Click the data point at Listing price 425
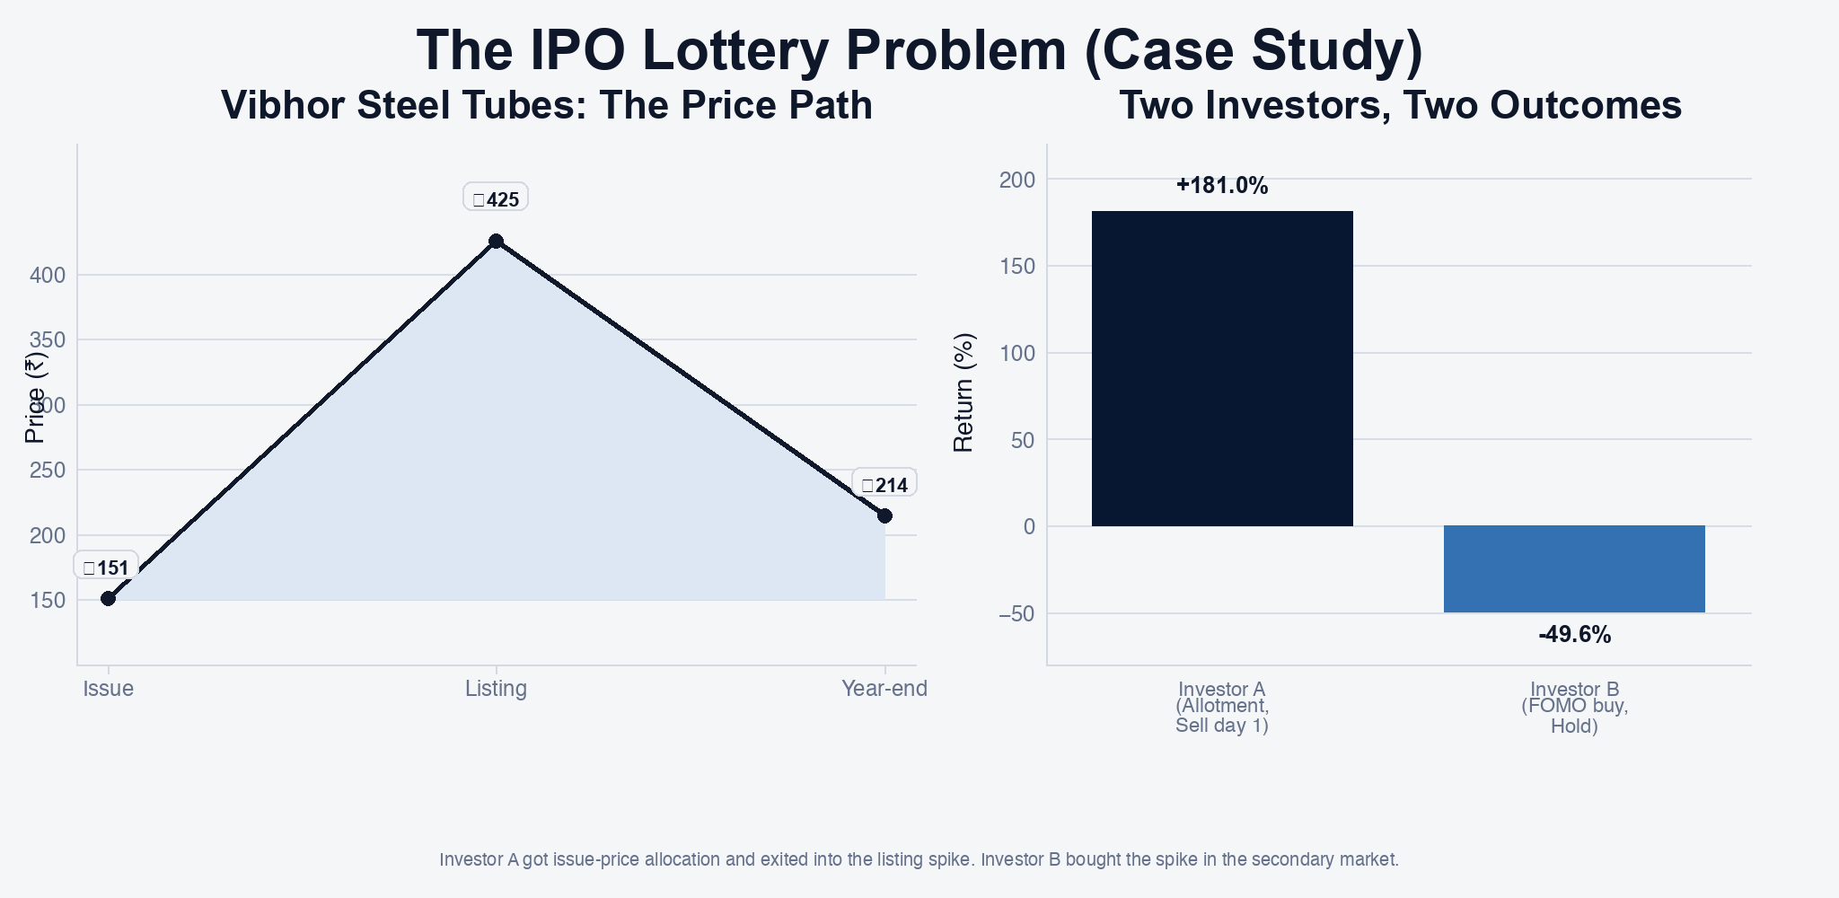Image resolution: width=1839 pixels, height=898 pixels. [x=496, y=241]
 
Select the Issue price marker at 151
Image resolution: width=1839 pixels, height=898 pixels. [x=108, y=598]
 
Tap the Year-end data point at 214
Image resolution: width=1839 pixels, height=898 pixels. [x=884, y=515]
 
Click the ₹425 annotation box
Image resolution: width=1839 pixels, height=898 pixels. [x=496, y=198]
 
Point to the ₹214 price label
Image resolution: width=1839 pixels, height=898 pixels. [x=884, y=485]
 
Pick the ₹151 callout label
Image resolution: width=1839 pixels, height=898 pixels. [x=106, y=568]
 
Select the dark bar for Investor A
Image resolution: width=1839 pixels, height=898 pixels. [x=1222, y=368]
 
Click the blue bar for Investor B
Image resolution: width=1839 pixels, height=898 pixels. [x=1574, y=568]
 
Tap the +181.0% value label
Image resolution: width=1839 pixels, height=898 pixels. [x=1222, y=186]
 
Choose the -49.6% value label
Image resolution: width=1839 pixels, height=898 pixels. [x=1574, y=635]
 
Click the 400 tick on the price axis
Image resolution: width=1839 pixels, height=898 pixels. [x=48, y=275]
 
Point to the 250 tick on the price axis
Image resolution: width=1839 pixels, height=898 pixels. [x=48, y=471]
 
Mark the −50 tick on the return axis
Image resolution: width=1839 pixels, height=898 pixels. [x=1017, y=613]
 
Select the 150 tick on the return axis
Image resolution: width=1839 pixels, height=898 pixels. [x=1017, y=267]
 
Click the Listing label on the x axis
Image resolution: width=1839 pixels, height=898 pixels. [x=496, y=689]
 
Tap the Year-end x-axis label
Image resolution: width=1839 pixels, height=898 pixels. [x=884, y=689]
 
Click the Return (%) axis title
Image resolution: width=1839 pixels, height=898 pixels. [x=963, y=392]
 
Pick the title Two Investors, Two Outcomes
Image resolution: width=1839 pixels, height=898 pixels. [x=1400, y=105]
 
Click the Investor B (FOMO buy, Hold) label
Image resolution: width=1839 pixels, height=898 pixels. [x=1574, y=708]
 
